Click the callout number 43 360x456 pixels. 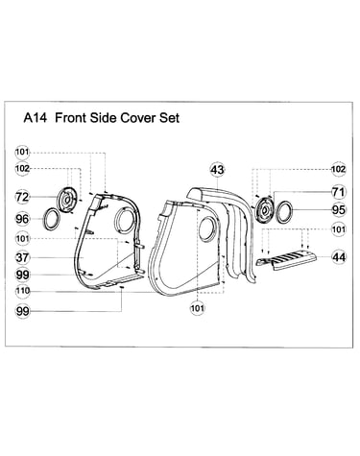217,170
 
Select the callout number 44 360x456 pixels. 339,257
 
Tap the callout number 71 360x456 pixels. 339,192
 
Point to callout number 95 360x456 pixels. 339,209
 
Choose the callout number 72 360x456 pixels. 22,197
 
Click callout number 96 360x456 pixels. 22,219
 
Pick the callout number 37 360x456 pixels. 22,257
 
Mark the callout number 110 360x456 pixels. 22,291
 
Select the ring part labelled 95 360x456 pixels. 276,212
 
